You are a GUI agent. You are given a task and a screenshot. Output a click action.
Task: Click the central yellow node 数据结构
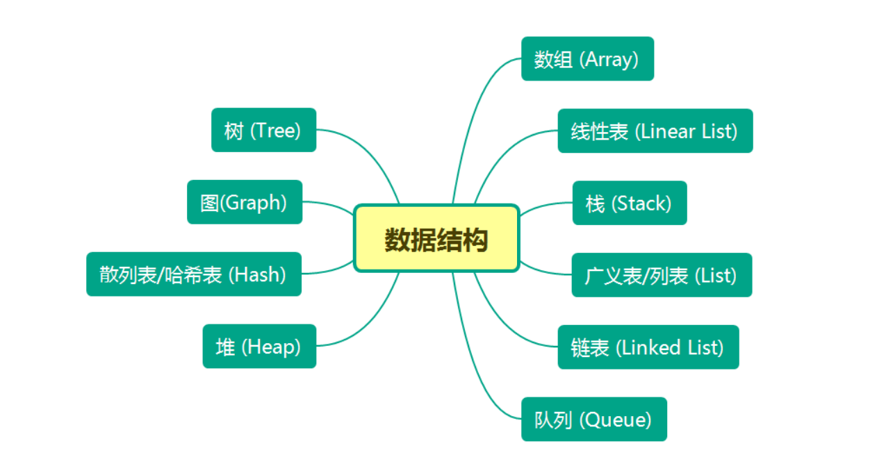pos(436,238)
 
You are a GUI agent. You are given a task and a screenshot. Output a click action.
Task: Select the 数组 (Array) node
pos(587,59)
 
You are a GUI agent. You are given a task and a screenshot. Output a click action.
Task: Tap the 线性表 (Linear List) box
pos(655,131)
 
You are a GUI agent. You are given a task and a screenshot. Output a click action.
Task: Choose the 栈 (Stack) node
pos(629,203)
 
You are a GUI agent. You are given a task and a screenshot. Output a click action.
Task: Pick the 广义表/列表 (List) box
pos(661,275)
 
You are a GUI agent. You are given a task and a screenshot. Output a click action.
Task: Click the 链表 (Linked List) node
pos(648,347)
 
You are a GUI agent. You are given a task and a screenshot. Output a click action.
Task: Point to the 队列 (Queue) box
pos(593,419)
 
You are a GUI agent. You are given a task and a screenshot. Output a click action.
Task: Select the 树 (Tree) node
pos(263,130)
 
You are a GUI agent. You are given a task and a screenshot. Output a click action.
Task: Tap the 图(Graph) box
pos(244,202)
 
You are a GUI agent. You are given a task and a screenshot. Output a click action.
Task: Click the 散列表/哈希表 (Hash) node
pos(193,274)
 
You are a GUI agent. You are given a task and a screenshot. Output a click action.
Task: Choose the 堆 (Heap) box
pos(259,346)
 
